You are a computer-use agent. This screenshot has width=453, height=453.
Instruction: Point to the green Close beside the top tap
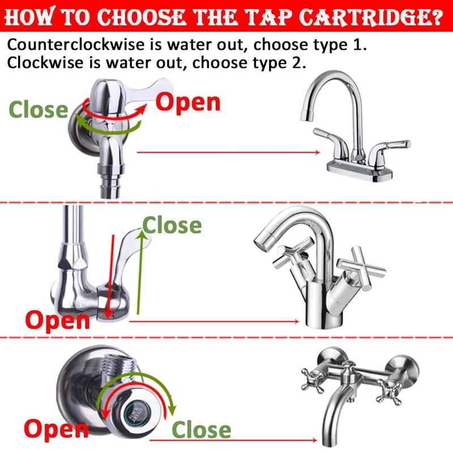(x=39, y=109)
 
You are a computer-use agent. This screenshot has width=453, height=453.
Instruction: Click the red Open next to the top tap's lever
(x=188, y=102)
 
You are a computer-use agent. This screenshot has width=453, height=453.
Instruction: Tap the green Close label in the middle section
(x=172, y=225)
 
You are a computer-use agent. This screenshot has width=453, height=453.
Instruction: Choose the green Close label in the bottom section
(x=201, y=430)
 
